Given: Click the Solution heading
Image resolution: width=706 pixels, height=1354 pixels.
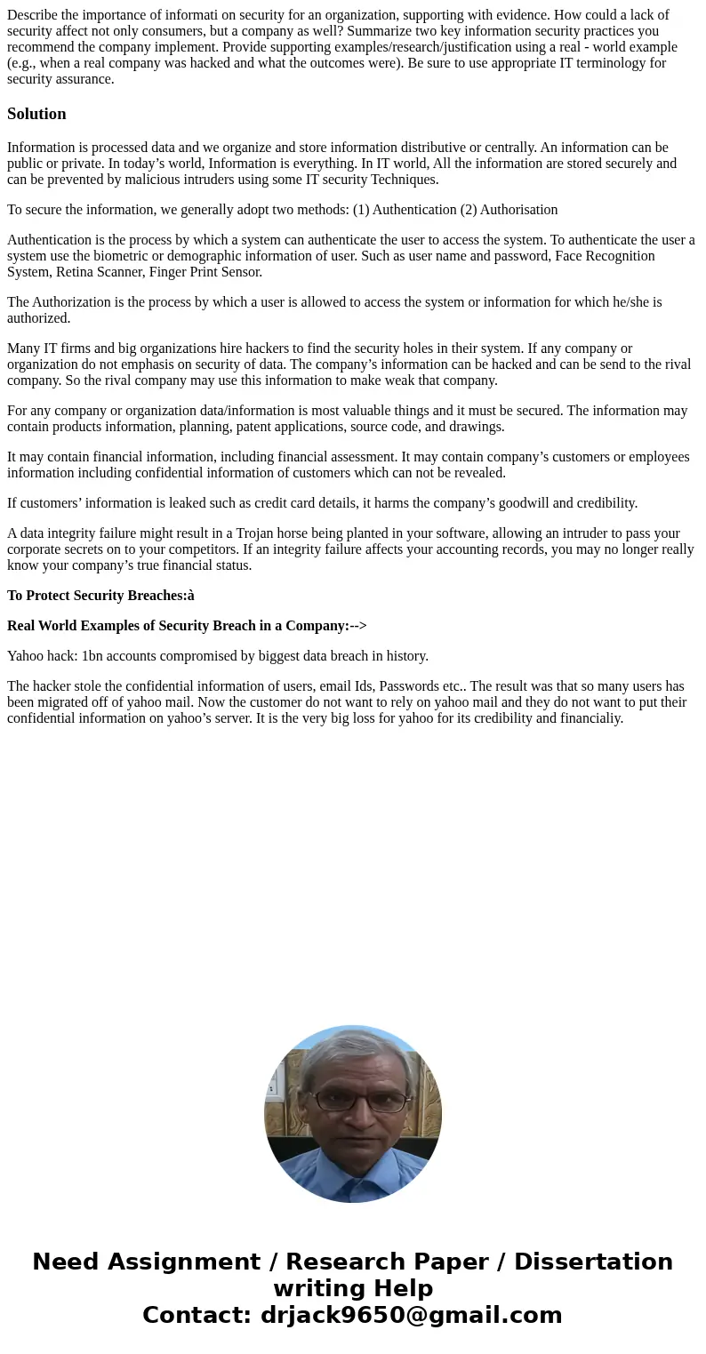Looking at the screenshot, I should pyautogui.click(x=36, y=114).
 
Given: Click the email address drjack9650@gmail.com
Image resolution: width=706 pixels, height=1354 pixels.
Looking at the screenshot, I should pyautogui.click(x=411, y=1315).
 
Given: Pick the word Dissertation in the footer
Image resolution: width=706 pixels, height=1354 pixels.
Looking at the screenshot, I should pyautogui.click(x=593, y=1262).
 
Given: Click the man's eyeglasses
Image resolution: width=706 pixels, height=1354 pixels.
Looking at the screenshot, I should pyautogui.click(x=353, y=1101).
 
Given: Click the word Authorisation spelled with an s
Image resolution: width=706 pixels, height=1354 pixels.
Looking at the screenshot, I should pyautogui.click(x=518, y=210).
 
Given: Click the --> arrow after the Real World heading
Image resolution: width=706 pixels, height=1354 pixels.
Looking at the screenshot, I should pyautogui.click(x=358, y=626).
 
